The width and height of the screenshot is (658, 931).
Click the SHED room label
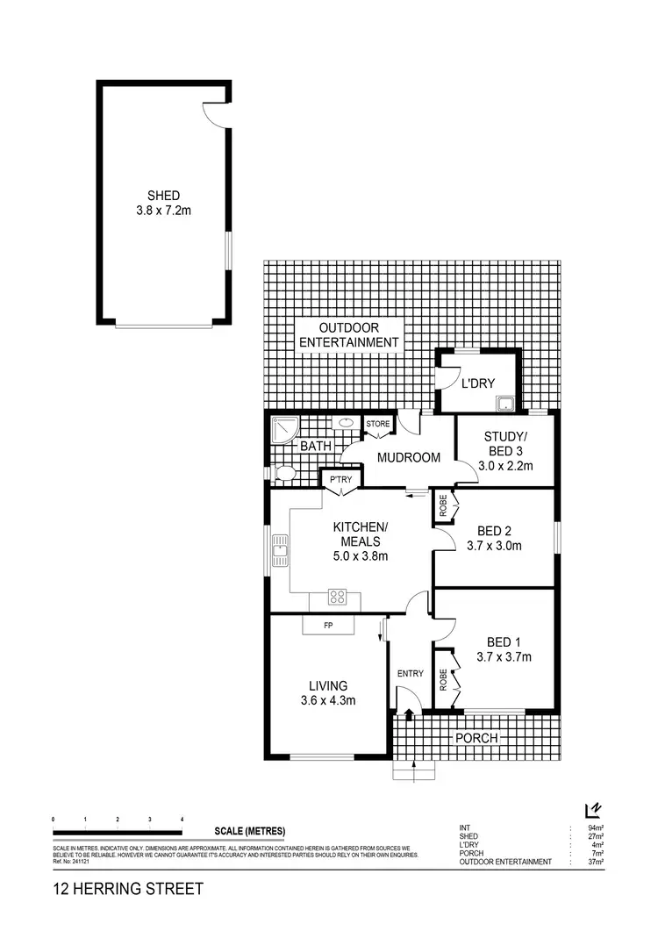[x=164, y=196]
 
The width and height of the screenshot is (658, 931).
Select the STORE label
[x=378, y=424]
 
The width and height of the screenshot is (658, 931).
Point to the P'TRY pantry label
[x=341, y=479]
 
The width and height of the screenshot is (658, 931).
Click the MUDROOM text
[x=409, y=457]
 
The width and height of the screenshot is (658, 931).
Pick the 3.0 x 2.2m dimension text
[x=506, y=466]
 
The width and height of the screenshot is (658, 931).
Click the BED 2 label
[x=494, y=531]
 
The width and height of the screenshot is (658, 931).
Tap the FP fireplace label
[x=328, y=627]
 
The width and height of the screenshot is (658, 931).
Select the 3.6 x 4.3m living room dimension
[x=328, y=700]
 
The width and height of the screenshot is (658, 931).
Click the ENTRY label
[x=411, y=674]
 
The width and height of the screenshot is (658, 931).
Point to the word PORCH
[x=476, y=738]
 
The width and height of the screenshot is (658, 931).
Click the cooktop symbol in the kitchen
[x=338, y=598]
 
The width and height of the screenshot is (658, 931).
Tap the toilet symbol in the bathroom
[x=283, y=475]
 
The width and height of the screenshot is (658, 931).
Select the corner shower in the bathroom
[x=284, y=429]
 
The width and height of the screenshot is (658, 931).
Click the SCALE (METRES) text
[x=250, y=831]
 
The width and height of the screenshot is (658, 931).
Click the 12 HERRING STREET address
[x=128, y=889]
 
